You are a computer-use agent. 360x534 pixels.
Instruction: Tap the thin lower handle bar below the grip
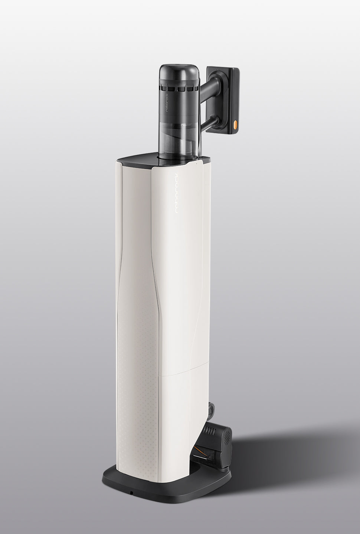(210, 123)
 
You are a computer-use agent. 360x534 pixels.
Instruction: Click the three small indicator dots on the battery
(217, 70)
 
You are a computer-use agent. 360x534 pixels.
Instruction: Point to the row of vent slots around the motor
(179, 89)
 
